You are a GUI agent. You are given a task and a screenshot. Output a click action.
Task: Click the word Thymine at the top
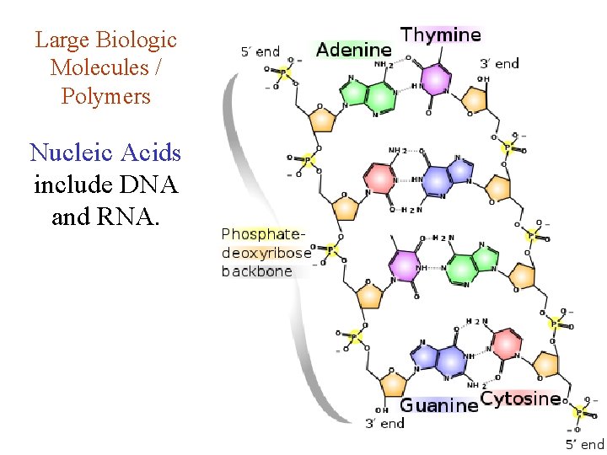440,35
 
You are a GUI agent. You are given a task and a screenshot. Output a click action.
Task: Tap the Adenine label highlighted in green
353,51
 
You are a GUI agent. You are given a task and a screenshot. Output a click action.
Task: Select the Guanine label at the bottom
438,405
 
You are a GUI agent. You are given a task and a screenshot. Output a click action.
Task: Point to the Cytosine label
519,399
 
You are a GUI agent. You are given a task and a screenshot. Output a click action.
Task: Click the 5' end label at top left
259,51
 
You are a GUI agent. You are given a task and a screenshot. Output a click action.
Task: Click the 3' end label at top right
499,63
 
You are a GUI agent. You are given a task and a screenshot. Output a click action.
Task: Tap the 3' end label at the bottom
384,423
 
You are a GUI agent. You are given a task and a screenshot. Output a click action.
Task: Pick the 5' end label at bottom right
584,444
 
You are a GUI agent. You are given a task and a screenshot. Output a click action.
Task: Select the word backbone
256,270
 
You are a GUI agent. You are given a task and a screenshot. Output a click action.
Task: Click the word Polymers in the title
105,96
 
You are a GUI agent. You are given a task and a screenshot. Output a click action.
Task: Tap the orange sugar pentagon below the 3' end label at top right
475,100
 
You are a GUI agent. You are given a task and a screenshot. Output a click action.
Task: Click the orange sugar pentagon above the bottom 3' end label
392,385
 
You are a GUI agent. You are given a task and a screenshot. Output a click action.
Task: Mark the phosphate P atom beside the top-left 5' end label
284,73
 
